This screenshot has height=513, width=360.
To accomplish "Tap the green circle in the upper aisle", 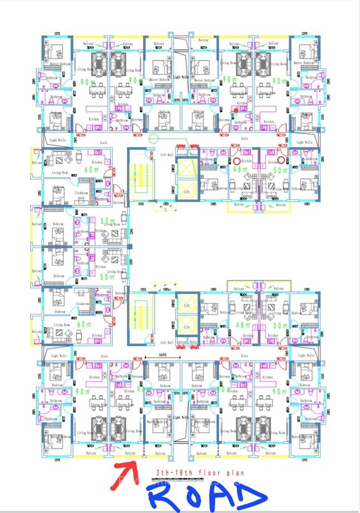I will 152,139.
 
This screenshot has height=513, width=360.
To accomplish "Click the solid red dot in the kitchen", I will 236,110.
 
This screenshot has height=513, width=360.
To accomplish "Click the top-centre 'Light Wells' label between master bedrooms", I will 181,77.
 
